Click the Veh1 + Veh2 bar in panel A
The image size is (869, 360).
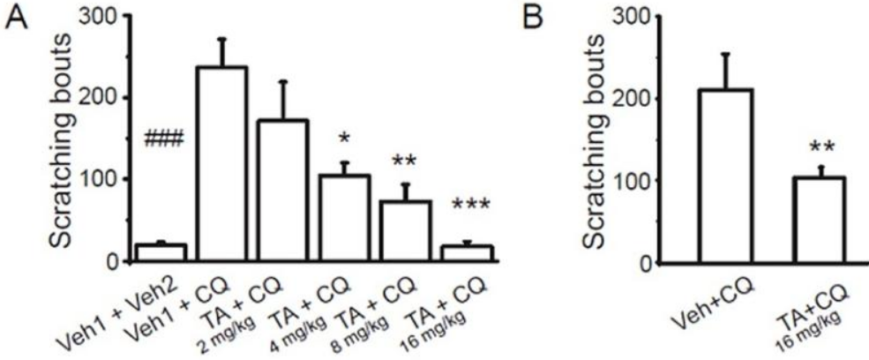(159, 252)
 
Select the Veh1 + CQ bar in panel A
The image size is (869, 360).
(222, 163)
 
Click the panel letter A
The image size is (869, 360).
(16, 19)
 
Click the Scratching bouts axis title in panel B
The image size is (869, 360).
(608, 142)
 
